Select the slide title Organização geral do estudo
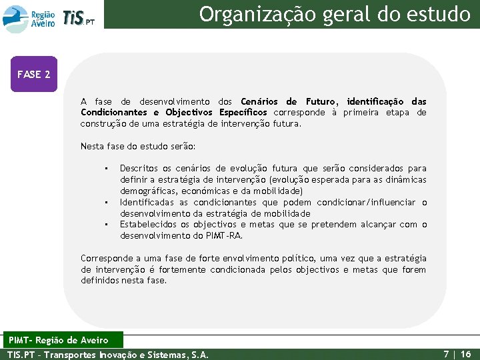[x=335, y=13]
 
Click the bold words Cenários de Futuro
[x=289, y=102]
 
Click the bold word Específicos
[x=243, y=113]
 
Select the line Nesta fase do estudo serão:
[x=138, y=146]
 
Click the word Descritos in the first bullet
[x=139, y=169]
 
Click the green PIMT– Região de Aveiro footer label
[x=63, y=341]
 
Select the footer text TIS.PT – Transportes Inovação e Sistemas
[x=107, y=355]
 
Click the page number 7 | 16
[x=457, y=354]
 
